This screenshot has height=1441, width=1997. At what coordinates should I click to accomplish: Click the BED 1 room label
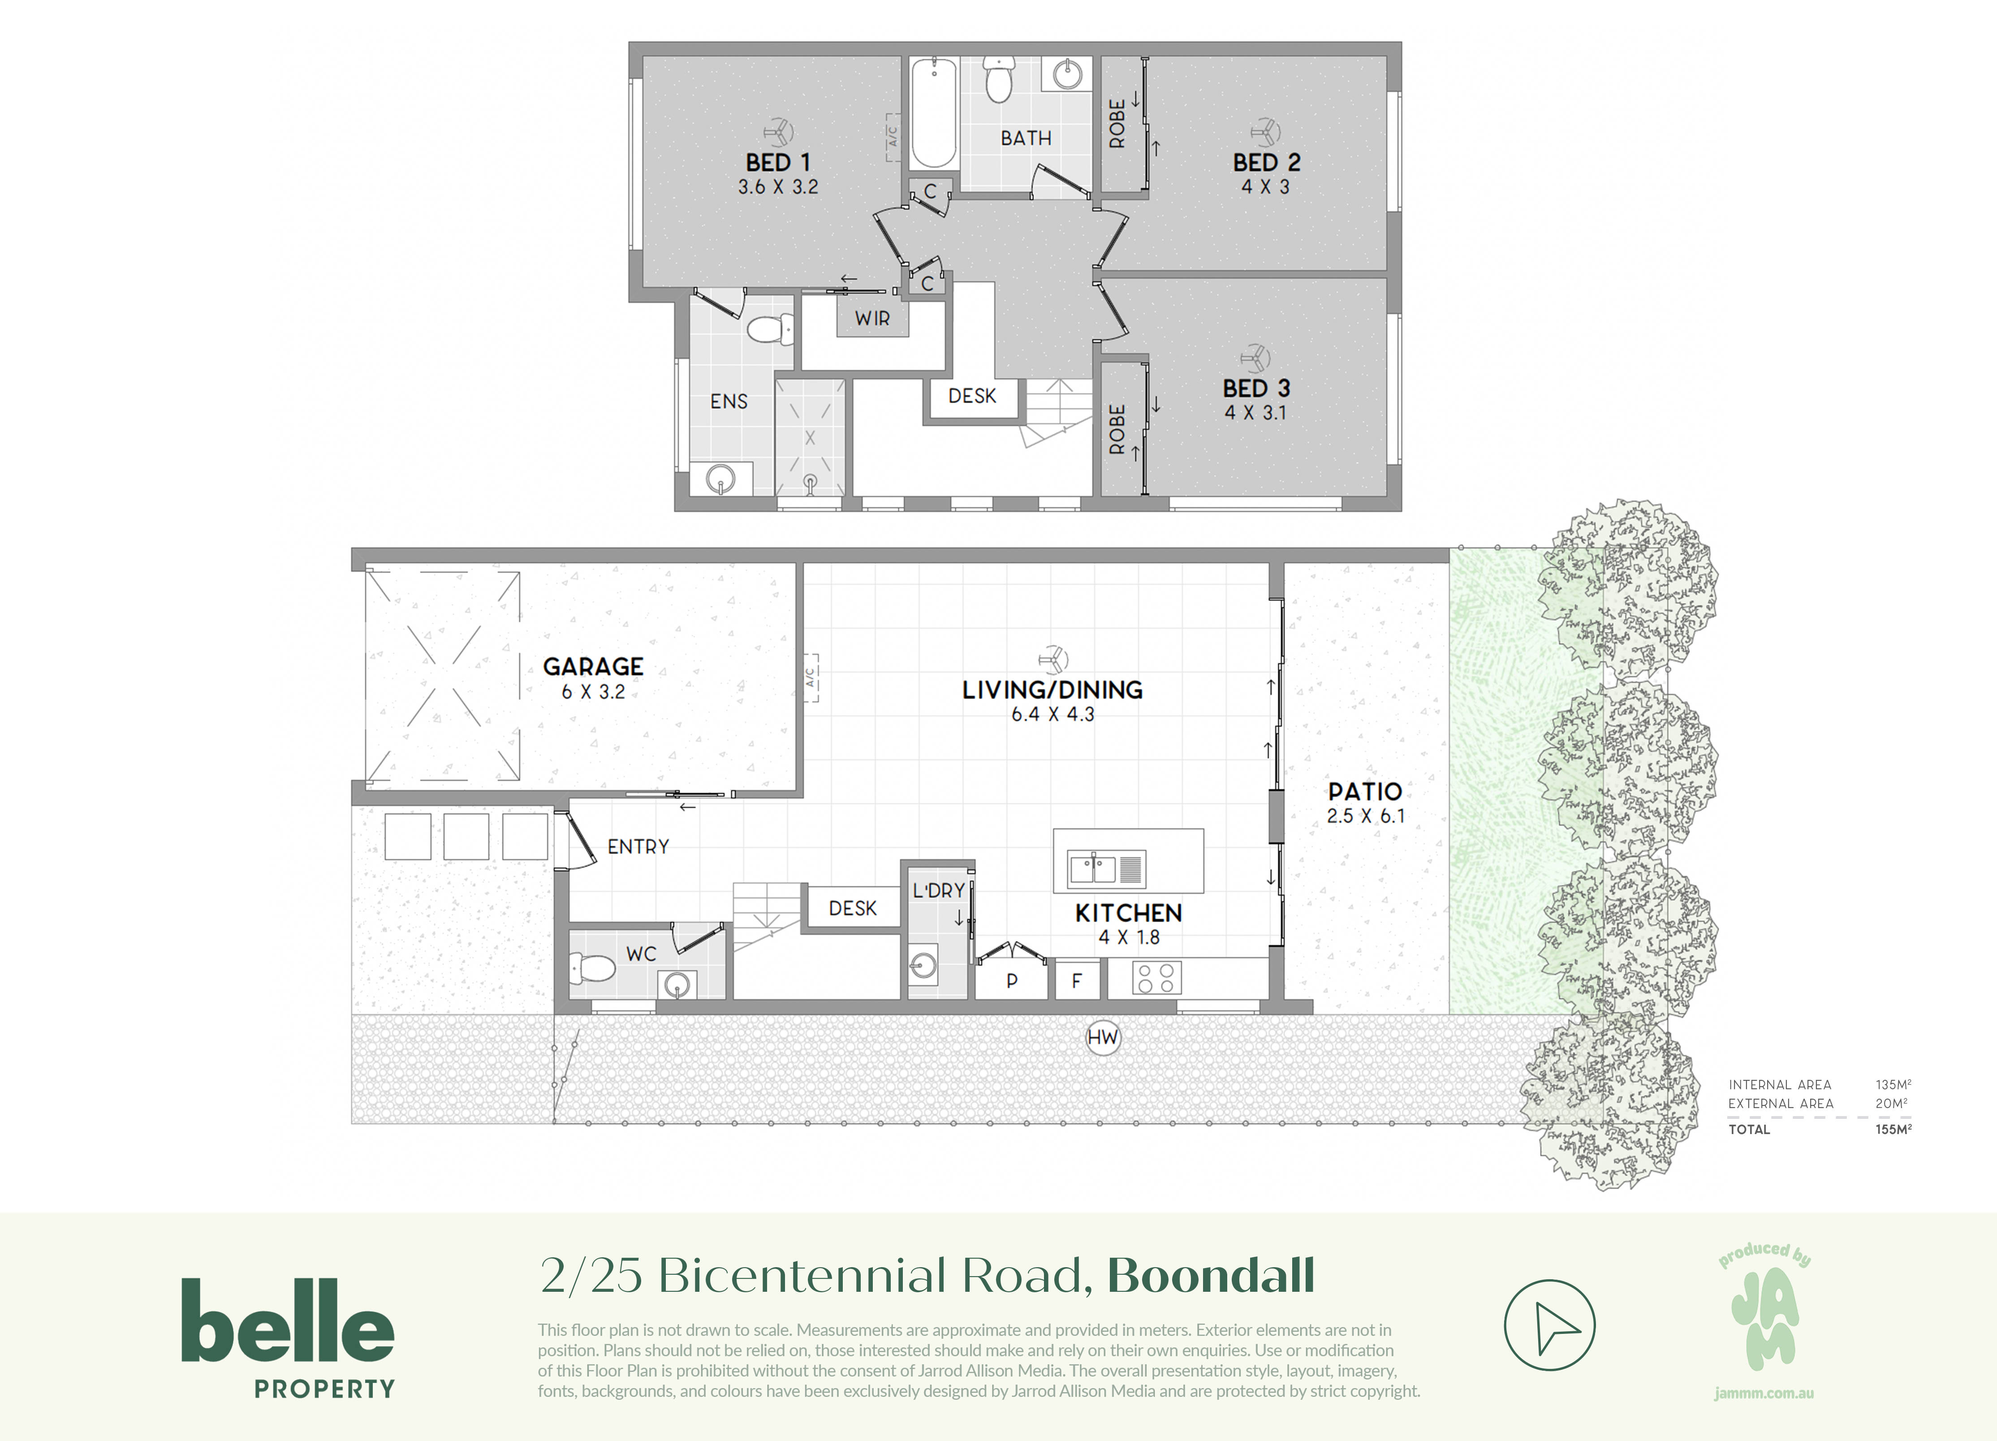(777, 163)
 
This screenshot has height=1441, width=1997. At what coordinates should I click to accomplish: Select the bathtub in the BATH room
(933, 112)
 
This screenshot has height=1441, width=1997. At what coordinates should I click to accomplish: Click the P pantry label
(1012, 981)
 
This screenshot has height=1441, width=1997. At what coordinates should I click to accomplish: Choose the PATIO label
(1365, 791)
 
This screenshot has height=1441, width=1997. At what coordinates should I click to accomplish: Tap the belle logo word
(288, 1320)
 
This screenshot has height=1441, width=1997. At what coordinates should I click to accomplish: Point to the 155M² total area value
(1893, 1130)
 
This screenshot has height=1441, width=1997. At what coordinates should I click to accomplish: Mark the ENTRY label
(638, 847)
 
